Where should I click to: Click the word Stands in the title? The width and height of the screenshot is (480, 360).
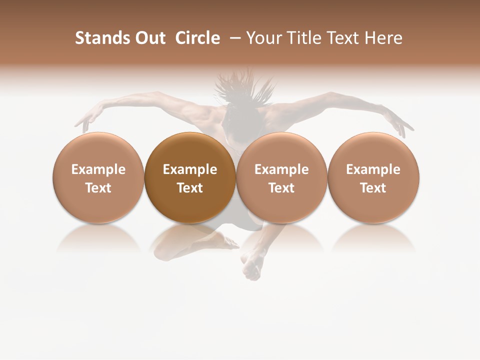[x=100, y=38]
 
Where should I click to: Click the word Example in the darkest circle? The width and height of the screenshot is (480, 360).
[x=190, y=169]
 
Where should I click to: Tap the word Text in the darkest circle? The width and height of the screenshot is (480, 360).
[x=190, y=188]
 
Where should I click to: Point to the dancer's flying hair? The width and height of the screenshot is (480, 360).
[x=245, y=85]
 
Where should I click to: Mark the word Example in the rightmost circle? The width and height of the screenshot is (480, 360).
[x=373, y=169]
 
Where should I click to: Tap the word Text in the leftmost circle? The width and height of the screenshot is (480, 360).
[x=98, y=188]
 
